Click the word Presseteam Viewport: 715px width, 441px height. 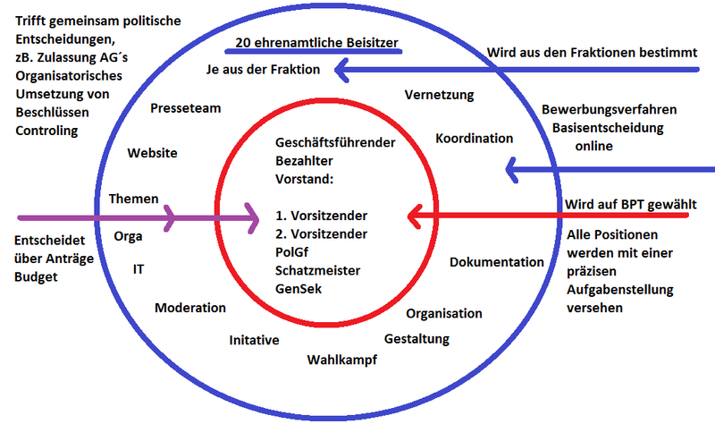pyautogui.click(x=185, y=108)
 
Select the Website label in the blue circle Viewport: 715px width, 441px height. pyautogui.click(x=152, y=153)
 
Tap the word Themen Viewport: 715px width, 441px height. pyautogui.click(x=133, y=199)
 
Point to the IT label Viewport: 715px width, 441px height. pyautogui.click(x=139, y=268)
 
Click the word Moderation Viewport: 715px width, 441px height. pyautogui.click(x=190, y=308)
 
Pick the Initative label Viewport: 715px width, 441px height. pyautogui.click(x=254, y=340)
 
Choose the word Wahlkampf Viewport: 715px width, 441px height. pyautogui.click(x=341, y=360)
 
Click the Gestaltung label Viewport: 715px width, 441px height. pyautogui.click(x=416, y=339)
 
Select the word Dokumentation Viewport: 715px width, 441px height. pyautogui.click(x=496, y=262)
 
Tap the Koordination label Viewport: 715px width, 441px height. pyautogui.click(x=474, y=139)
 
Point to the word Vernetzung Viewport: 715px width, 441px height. pyautogui.click(x=439, y=94)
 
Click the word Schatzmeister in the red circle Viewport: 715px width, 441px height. pyautogui.click(x=317, y=269)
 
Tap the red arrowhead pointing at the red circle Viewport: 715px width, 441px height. pyautogui.click(x=413, y=216)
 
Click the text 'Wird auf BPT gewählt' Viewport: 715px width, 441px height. pyautogui.click(x=630, y=204)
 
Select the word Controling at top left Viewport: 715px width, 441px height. pyautogui.click(x=46, y=131)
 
